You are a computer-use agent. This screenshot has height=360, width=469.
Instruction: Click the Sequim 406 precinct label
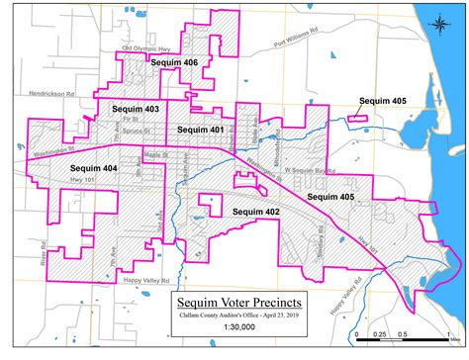click(x=175, y=62)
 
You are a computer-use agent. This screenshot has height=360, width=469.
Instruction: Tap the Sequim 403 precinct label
click(x=136, y=109)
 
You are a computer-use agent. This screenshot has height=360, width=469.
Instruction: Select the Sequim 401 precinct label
click(x=199, y=130)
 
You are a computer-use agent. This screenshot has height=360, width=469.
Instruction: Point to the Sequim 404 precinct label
click(x=95, y=169)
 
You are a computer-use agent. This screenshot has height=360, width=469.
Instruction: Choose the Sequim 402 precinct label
click(x=256, y=212)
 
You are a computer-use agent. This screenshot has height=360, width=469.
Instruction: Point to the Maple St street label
click(x=157, y=154)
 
